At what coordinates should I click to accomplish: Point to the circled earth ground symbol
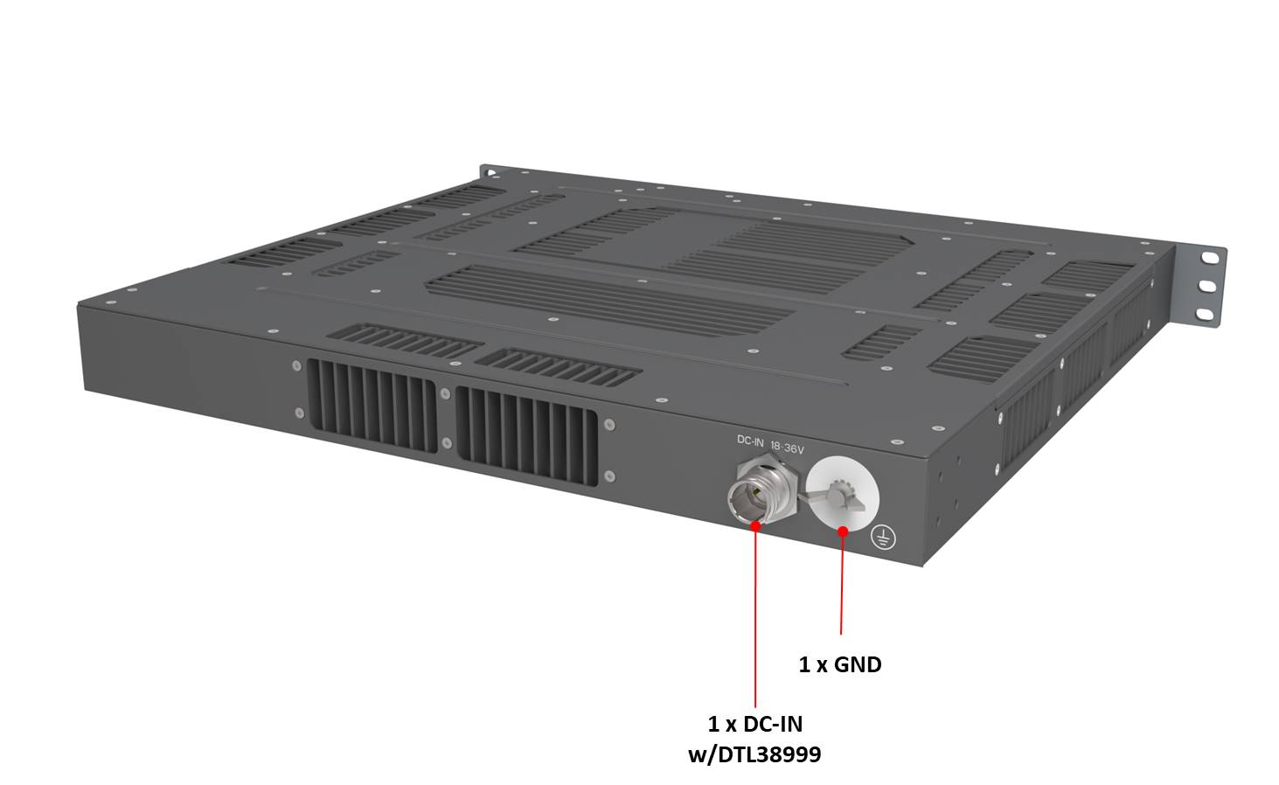pyautogui.click(x=884, y=539)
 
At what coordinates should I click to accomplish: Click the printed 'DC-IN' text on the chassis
pyautogui.click(x=750, y=441)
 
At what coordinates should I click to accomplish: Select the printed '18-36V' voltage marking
pyautogui.click(x=788, y=448)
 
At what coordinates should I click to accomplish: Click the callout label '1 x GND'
pyautogui.click(x=839, y=665)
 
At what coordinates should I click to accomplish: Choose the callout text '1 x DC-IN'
pyautogui.click(x=754, y=724)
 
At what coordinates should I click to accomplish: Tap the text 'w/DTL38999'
pyautogui.click(x=754, y=754)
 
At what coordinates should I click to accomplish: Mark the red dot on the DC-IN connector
pyautogui.click(x=754, y=525)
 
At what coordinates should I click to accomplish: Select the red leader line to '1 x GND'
pyautogui.click(x=842, y=586)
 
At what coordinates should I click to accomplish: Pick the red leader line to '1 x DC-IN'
pyautogui.click(x=754, y=621)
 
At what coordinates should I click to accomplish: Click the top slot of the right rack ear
pyautogui.click(x=1209, y=259)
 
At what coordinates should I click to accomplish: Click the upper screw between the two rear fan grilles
pyautogui.click(x=446, y=392)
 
